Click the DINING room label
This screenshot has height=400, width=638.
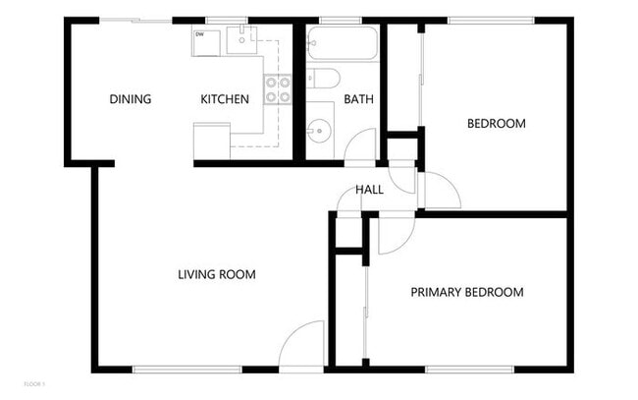pyautogui.click(x=130, y=99)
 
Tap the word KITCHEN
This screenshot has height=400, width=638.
pyautogui.click(x=225, y=99)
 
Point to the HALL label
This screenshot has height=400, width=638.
pyautogui.click(x=369, y=190)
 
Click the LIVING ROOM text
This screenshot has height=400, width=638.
pyautogui.click(x=216, y=275)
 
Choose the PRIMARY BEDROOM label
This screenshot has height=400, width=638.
pyautogui.click(x=466, y=292)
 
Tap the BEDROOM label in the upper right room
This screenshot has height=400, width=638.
pyautogui.click(x=496, y=124)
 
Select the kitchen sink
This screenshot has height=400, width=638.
pyautogui.click(x=240, y=40)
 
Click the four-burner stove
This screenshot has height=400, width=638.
pyautogui.click(x=279, y=90)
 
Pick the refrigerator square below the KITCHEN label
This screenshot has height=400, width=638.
pyautogui.click(x=211, y=140)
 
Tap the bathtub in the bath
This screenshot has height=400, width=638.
pyautogui.click(x=342, y=46)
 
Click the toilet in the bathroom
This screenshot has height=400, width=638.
pyautogui.click(x=323, y=80)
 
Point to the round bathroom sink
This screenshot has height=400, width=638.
pyautogui.click(x=320, y=128)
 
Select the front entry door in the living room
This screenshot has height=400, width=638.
pyautogui.click(x=302, y=346)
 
